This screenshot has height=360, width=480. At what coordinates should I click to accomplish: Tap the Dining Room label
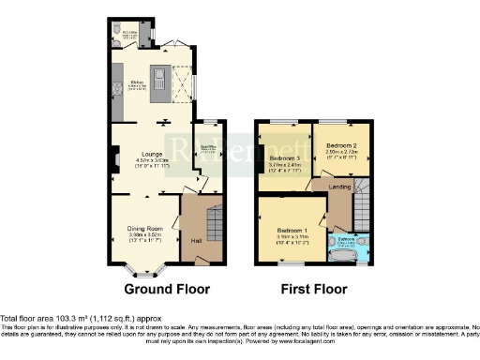click(145, 228)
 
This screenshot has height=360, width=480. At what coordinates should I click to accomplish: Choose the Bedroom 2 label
click(339, 147)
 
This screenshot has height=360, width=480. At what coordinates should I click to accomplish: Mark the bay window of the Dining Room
click(142, 273)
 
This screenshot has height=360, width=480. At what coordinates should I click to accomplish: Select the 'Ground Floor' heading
click(167, 289)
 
